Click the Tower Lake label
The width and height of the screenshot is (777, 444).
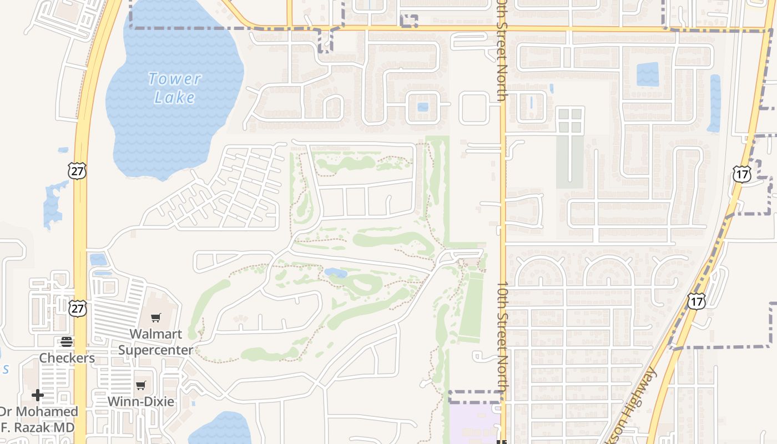174,88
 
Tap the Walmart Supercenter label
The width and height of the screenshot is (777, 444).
156,342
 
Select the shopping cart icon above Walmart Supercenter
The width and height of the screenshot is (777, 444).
156,317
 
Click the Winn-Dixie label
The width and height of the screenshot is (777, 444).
140,401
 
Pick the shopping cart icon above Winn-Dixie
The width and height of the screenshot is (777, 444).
141,385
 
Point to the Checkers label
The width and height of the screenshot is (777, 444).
67,358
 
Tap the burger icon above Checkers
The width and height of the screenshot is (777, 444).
67,341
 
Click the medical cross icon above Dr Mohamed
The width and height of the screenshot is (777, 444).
38,395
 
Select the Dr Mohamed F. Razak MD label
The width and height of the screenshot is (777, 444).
38,420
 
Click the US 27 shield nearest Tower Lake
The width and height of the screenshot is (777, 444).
78,171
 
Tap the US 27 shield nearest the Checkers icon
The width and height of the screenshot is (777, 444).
78,309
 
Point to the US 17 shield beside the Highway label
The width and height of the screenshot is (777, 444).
695,301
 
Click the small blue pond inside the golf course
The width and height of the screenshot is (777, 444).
336,273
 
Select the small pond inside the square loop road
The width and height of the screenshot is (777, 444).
423,107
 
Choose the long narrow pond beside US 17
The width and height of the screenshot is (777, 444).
714,103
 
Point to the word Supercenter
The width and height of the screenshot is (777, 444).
156,350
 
